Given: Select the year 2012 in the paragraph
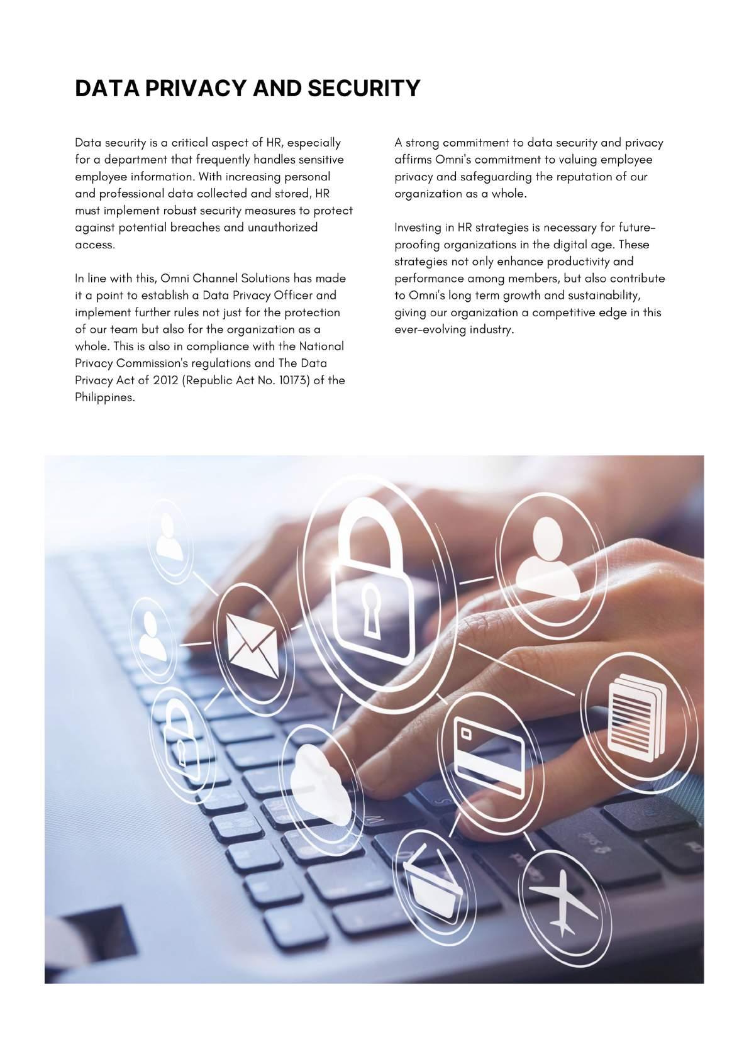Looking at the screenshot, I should tap(166, 380).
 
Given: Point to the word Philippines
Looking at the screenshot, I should tap(104, 397).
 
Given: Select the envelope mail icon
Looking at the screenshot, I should tap(253, 641).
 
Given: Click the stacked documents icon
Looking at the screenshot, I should tap(635, 714).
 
